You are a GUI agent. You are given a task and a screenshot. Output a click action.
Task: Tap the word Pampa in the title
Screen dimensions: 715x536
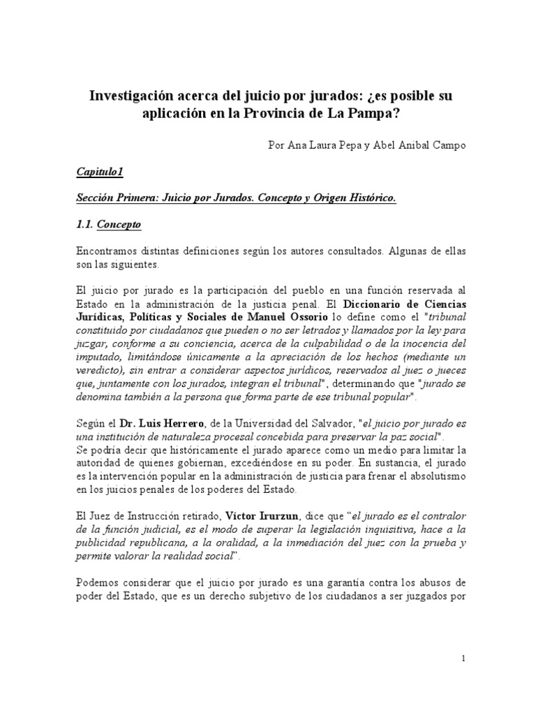tap(385, 113)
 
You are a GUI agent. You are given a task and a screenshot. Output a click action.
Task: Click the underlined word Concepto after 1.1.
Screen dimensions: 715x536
tap(119, 225)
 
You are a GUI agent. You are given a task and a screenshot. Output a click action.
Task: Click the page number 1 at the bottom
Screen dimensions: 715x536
tap(463, 658)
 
